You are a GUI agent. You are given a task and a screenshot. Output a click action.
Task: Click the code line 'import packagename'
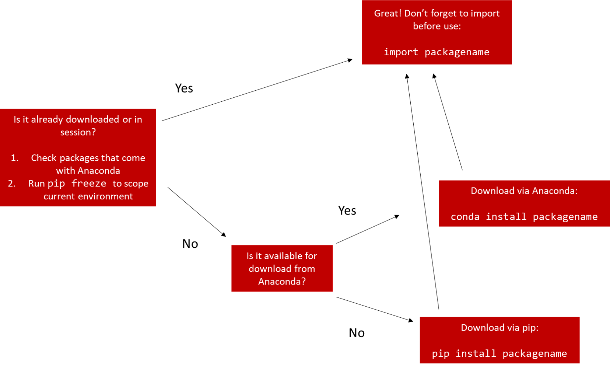[x=437, y=52]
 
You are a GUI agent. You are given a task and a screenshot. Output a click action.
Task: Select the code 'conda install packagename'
[x=524, y=217]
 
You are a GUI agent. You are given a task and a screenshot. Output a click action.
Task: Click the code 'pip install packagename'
[x=499, y=353]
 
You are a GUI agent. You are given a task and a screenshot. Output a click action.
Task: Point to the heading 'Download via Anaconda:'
[x=524, y=191]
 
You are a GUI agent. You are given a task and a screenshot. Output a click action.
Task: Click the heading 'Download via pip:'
[x=499, y=328]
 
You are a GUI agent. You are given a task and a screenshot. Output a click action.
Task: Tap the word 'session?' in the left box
[x=78, y=132]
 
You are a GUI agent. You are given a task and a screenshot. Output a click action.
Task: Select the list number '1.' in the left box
[x=15, y=158]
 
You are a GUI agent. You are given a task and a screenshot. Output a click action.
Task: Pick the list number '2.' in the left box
[x=12, y=184]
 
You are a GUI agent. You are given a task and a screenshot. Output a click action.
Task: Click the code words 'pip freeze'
[x=77, y=184]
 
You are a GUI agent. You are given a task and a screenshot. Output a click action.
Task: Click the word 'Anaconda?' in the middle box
[x=282, y=282]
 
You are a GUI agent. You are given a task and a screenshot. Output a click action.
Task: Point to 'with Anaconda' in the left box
[x=88, y=171]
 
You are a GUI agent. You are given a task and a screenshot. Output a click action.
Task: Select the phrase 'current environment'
[x=88, y=196]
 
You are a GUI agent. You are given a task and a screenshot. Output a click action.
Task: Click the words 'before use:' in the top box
[x=437, y=26]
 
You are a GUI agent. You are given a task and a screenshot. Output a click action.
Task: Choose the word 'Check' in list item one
[x=43, y=158]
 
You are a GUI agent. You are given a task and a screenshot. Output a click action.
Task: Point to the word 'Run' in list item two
[x=36, y=184]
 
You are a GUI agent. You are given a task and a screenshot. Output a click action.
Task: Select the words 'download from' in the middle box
[x=282, y=269]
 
